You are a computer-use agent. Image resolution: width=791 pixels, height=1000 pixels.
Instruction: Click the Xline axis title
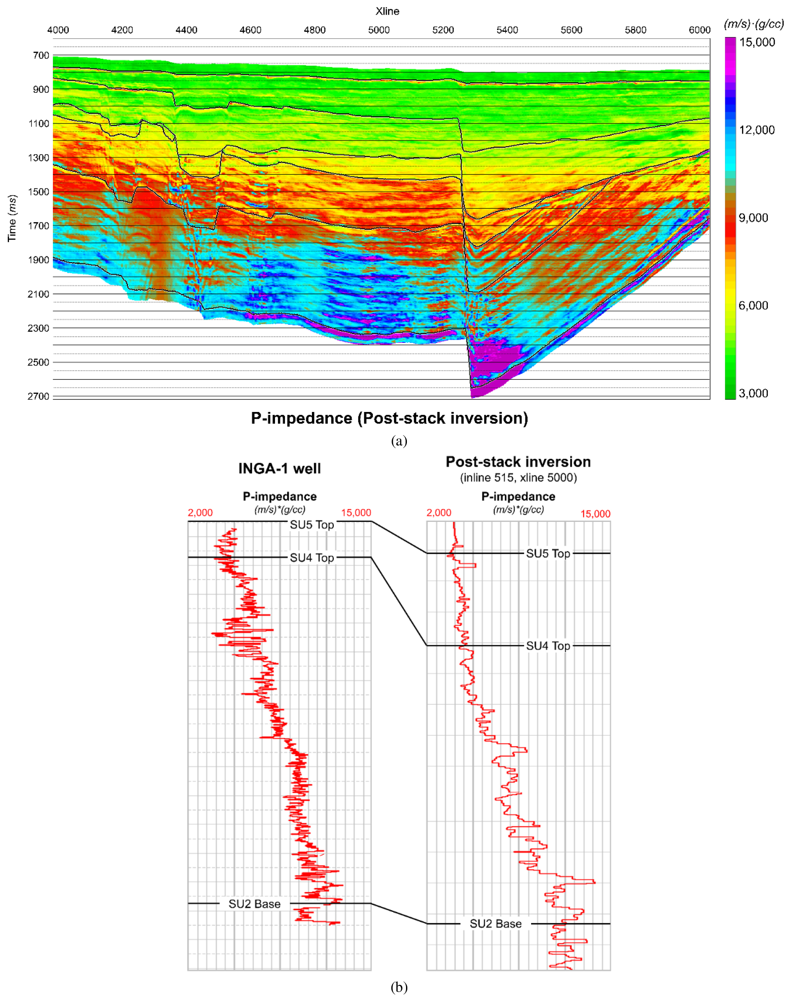click(387, 11)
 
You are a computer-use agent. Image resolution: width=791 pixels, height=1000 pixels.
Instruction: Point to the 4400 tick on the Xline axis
click(186, 30)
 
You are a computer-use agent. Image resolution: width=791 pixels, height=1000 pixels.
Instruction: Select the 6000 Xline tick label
click(699, 30)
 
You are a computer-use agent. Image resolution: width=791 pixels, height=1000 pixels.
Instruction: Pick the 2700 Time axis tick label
click(38, 396)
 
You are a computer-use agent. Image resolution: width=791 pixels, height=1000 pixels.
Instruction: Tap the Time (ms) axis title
click(12, 218)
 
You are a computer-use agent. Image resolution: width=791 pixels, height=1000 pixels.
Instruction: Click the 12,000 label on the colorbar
click(757, 130)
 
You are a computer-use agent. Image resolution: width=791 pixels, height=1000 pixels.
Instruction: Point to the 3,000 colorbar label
click(754, 393)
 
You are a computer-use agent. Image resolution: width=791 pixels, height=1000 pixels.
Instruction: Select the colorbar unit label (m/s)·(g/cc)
click(754, 24)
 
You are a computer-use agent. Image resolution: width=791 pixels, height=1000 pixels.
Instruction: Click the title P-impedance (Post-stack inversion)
click(389, 418)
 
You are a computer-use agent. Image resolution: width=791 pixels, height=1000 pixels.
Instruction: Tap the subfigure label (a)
click(399, 441)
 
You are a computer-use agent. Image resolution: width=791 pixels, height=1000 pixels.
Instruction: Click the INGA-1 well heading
click(279, 469)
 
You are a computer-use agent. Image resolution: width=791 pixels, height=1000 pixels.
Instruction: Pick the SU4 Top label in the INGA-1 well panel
click(312, 558)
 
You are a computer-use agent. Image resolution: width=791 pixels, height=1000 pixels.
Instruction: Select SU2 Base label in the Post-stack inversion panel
click(495, 924)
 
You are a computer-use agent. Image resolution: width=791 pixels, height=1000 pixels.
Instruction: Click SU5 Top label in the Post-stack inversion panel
click(548, 554)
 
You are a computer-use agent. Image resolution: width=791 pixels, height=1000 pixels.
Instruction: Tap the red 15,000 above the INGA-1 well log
click(356, 513)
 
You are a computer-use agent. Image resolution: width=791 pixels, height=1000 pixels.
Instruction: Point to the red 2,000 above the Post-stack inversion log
click(439, 513)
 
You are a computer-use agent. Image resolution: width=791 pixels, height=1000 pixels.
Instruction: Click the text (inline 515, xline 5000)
click(518, 478)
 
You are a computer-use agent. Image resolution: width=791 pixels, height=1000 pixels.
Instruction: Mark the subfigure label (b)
click(399, 987)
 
